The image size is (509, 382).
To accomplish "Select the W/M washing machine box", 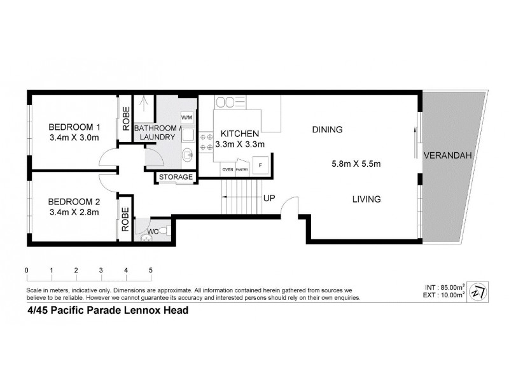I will (x=187, y=118).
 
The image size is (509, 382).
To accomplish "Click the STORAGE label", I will (x=175, y=176).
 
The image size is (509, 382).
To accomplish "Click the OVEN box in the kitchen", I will (x=227, y=170).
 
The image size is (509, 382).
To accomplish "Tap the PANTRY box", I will (x=242, y=170).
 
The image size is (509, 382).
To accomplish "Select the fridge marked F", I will (x=259, y=166).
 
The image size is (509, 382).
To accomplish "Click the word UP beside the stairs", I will (x=268, y=199).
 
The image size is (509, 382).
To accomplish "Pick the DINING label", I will (x=327, y=130).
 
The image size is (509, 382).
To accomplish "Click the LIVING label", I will (x=366, y=199).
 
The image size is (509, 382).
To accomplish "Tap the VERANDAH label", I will (x=443, y=155).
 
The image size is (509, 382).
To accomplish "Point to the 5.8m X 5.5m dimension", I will (x=356, y=164).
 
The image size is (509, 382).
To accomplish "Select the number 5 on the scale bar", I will (x=151, y=270).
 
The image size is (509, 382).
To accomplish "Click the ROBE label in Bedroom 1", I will (x=125, y=117).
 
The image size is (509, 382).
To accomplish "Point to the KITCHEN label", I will (x=239, y=134).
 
